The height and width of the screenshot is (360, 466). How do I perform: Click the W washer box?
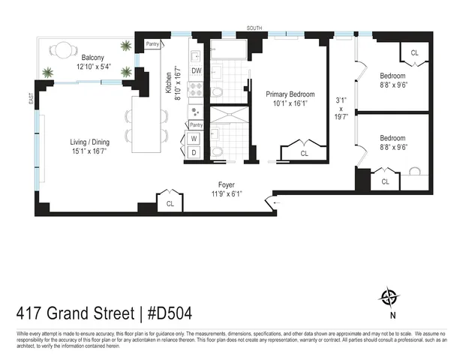[x=194, y=139]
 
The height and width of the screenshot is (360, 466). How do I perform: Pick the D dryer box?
[x=194, y=153]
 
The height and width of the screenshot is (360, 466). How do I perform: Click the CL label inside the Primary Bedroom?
[x=304, y=153]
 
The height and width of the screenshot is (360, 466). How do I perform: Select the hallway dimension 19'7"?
[x=341, y=116]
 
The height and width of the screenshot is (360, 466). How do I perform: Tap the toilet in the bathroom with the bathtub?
[x=217, y=92]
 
